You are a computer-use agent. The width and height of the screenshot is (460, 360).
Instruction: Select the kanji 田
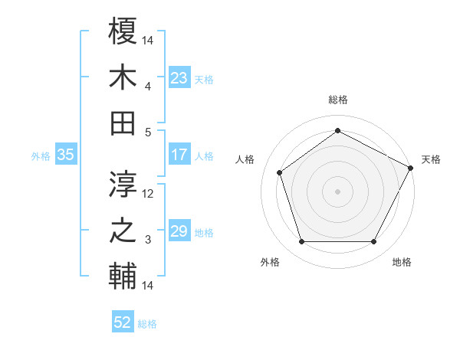point(123,123)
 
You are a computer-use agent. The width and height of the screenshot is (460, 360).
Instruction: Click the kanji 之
point(123,231)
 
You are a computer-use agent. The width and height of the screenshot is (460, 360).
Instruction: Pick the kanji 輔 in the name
point(123,277)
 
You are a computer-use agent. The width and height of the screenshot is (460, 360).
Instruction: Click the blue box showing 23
point(179,78)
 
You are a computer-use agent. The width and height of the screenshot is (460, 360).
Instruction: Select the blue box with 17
point(179,155)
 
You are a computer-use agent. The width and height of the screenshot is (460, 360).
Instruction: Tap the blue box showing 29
point(179,232)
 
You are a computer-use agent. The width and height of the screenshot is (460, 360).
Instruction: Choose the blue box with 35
point(65,155)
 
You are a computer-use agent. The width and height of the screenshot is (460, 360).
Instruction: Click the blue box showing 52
point(122,322)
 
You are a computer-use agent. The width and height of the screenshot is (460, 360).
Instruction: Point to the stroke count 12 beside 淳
point(149,194)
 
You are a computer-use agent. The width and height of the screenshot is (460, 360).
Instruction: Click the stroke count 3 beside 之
point(149,240)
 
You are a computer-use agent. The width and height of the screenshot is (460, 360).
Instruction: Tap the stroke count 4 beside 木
point(149,86)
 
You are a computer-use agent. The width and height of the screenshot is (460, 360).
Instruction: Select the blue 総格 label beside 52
point(147,324)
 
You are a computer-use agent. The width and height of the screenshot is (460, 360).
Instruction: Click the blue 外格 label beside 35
point(41,156)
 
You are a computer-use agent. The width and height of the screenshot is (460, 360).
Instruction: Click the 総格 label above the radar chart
point(337,100)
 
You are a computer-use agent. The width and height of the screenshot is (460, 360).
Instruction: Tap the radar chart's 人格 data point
point(280,172)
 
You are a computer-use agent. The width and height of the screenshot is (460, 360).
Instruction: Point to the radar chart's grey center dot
point(337,191)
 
